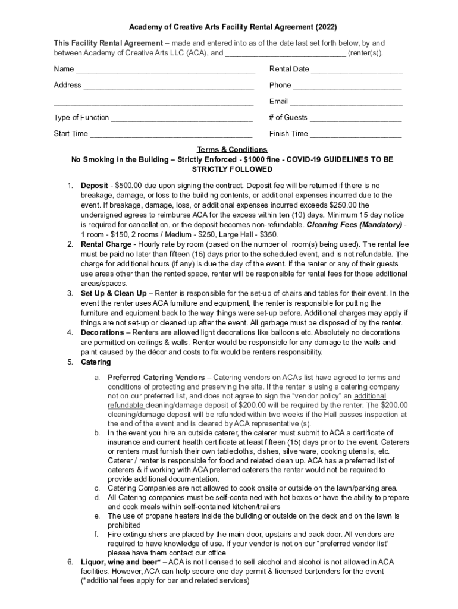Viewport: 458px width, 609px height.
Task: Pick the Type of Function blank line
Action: (181, 118)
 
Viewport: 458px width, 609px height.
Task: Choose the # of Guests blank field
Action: (356, 118)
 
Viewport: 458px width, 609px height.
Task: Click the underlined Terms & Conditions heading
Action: (232, 150)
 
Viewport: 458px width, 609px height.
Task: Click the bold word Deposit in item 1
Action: (94, 186)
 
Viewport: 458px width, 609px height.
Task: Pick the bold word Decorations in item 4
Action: (102, 332)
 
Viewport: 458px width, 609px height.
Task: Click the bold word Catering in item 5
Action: (96, 362)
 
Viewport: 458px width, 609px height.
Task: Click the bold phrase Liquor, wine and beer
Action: (120, 562)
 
